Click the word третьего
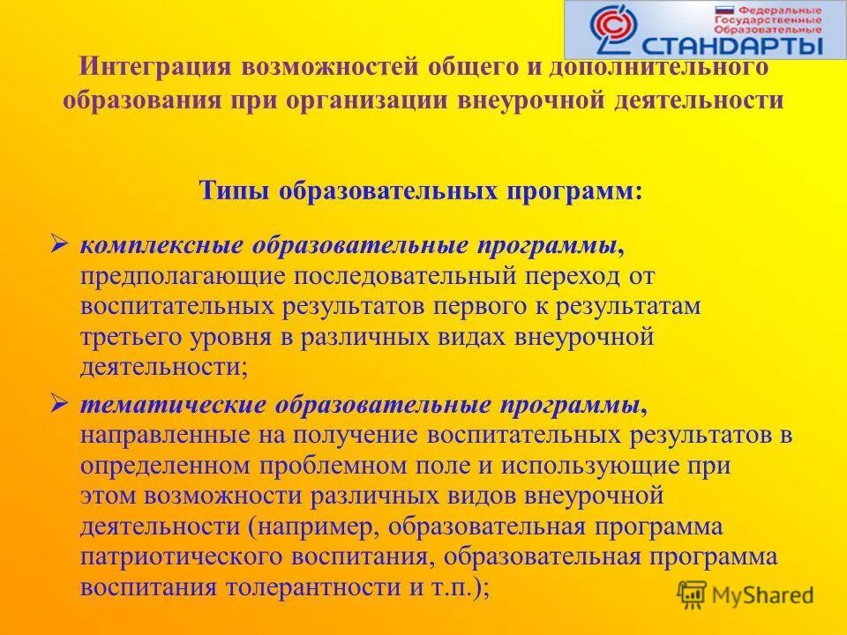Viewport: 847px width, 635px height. coord(129,339)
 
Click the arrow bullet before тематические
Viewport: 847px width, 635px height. coord(59,404)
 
